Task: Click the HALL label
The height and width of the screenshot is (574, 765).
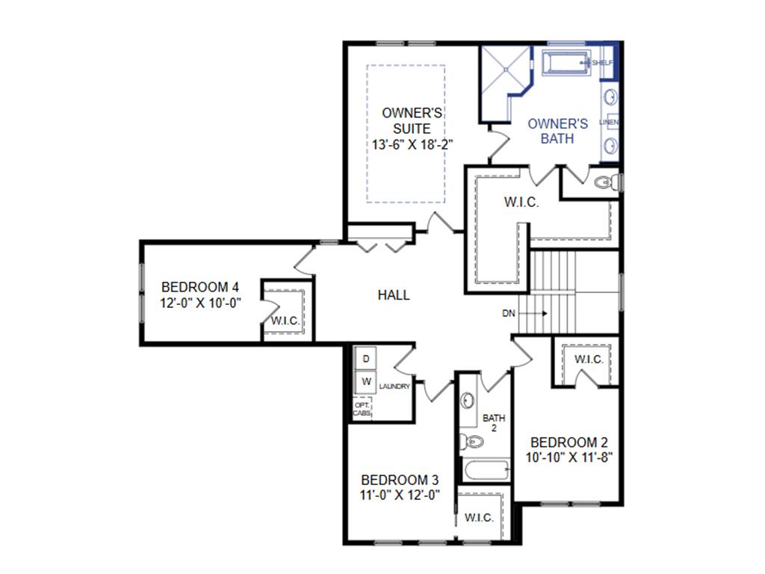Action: [394, 295]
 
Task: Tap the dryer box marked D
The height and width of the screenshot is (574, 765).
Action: [365, 359]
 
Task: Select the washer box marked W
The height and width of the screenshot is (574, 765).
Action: [365, 382]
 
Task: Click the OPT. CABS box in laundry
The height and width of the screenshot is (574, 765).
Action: [362, 409]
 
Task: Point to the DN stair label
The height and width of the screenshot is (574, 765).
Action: [508, 313]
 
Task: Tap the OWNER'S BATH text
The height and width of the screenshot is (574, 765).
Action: [557, 131]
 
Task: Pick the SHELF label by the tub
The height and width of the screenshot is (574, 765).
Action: [602, 63]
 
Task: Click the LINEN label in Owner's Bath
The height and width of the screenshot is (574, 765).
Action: [609, 122]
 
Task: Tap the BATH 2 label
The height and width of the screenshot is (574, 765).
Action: [494, 423]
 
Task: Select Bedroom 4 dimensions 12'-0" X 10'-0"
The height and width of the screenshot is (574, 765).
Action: [200, 303]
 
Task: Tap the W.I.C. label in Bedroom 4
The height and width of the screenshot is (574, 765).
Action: [285, 321]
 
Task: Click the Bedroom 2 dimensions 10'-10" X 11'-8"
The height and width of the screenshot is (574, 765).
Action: [569, 457]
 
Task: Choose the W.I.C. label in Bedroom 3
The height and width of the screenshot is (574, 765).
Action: [479, 518]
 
